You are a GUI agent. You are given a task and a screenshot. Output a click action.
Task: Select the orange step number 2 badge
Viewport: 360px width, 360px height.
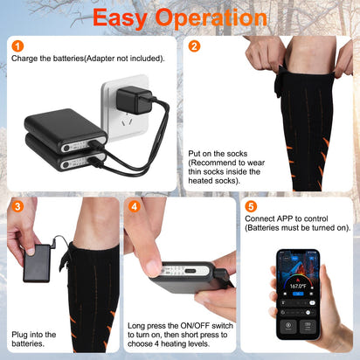click(x=194, y=46)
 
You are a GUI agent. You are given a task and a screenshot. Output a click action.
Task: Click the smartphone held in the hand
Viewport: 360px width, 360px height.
click(x=302, y=297)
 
